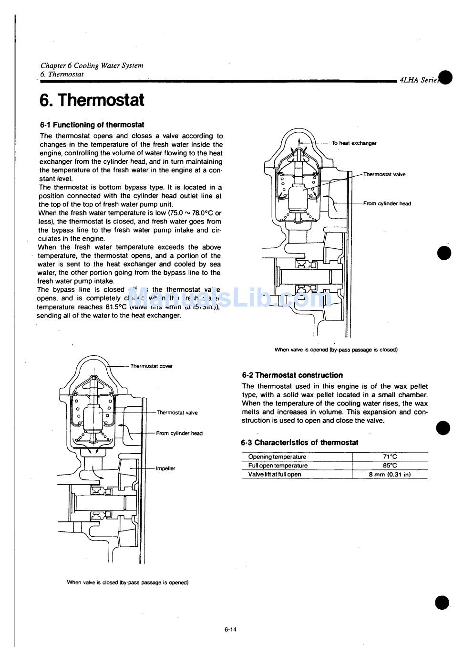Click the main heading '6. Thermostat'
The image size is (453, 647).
point(92,100)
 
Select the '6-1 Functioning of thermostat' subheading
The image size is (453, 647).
point(92,125)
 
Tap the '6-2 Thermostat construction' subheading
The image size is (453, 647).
point(292,375)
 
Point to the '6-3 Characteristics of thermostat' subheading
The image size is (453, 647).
point(299,443)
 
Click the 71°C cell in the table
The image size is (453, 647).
point(390,457)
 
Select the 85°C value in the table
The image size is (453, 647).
point(390,466)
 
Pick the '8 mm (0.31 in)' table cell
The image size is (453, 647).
point(390,475)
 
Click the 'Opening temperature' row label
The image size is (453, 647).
point(277,457)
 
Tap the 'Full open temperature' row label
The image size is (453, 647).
point(278,466)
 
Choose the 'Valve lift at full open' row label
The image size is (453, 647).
point(275,475)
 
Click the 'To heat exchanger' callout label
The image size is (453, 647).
point(354,143)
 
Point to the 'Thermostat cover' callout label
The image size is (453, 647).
point(151,366)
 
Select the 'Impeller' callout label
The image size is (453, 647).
point(165,468)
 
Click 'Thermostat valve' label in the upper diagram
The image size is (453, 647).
point(384,174)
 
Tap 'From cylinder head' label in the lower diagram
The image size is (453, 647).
point(179,434)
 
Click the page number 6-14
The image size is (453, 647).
point(230,629)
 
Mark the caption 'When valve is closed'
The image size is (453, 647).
point(128,583)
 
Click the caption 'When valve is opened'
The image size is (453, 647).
point(336,350)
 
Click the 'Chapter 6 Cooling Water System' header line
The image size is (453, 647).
point(92,65)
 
